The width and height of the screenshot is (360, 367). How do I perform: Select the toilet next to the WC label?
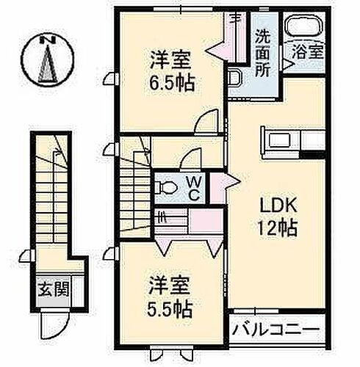tap(166, 187)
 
